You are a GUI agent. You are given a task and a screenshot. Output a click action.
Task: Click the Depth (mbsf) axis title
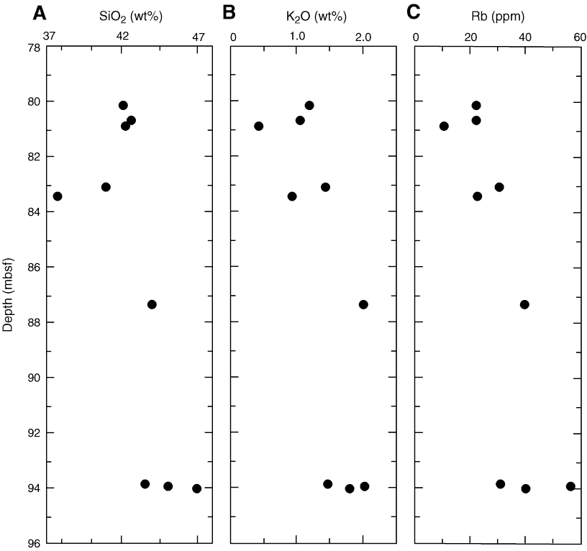(9, 295)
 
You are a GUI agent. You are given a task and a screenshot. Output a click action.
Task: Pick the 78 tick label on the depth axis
(33, 47)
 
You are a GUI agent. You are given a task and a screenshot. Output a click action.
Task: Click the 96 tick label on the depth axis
(33, 544)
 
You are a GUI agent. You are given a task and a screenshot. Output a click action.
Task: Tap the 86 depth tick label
(33, 268)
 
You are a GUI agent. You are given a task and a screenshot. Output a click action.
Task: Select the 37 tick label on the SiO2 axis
(50, 35)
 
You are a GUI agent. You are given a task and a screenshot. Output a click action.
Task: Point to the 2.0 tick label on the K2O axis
(363, 35)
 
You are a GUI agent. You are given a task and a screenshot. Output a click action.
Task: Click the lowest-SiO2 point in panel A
(58, 196)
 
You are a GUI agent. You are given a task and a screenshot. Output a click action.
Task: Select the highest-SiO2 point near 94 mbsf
(196, 488)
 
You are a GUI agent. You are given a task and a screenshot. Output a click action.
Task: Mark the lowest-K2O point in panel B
(259, 126)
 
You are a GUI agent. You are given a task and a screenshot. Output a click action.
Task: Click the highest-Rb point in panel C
(570, 486)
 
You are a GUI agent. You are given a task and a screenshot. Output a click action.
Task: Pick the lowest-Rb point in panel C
(444, 126)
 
